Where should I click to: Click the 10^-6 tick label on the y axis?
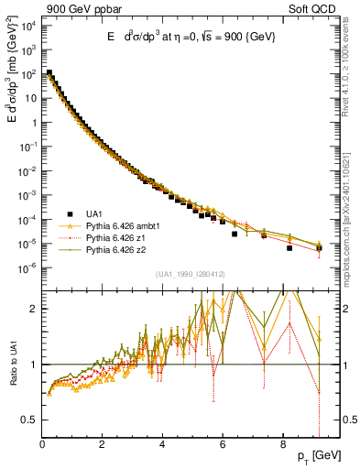point(27,268)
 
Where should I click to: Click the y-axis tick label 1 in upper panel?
point(34,122)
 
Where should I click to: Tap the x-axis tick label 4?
point(162,446)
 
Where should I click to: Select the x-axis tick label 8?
point(282,446)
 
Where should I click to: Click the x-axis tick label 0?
point(42,446)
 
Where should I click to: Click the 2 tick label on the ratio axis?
point(34,309)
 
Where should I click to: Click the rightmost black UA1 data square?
point(319,248)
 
